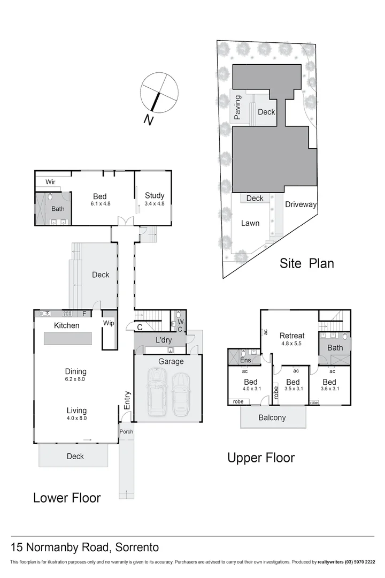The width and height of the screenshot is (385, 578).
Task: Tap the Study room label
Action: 154,195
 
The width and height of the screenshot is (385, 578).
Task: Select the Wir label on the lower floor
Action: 51,182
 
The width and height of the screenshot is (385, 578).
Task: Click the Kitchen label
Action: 66,325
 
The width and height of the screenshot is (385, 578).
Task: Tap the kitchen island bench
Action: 67,339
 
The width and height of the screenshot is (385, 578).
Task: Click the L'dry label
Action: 164,340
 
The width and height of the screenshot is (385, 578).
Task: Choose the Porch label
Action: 126,431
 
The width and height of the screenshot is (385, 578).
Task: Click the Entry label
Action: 127,401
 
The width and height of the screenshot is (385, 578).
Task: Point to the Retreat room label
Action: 292,336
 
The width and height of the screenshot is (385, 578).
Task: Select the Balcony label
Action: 272,417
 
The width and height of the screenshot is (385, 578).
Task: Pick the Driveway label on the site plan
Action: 301,204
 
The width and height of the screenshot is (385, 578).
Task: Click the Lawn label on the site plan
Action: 250,223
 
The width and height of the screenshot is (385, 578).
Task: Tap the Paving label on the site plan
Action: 237,108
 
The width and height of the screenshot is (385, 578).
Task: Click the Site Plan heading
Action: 307,263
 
